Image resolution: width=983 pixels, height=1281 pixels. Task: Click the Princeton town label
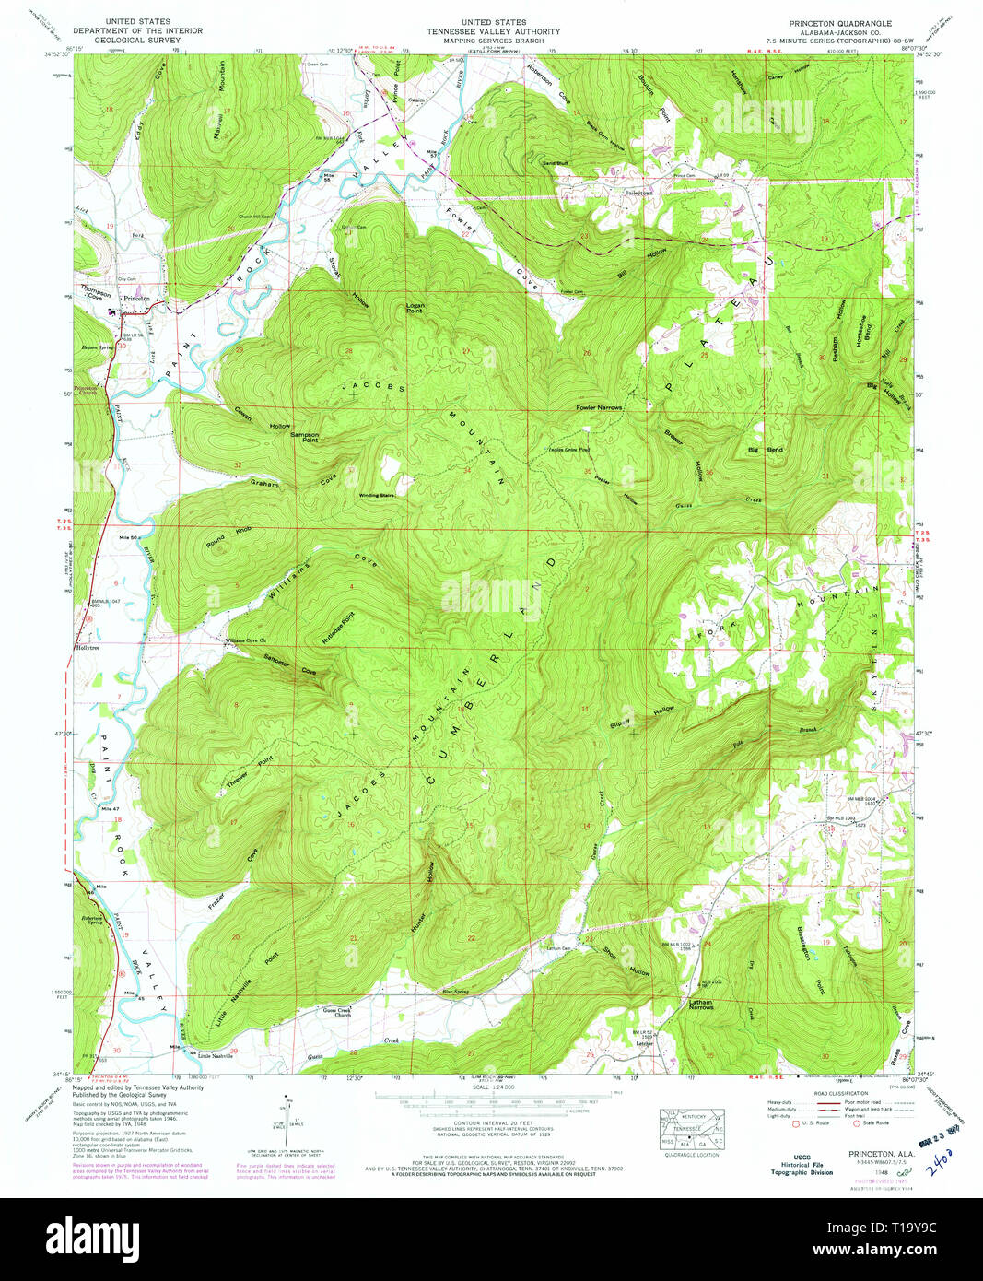pos(136,299)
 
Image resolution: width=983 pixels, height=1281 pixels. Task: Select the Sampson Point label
pos(305,437)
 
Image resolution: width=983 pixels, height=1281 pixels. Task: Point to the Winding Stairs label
pos(376,495)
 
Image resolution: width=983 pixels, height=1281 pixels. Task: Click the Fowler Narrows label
pos(599,406)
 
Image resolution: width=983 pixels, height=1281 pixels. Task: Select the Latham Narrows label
pos(701,1004)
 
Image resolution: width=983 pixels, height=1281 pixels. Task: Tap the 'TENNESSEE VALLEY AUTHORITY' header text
pos(494,31)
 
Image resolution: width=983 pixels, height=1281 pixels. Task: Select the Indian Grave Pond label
pos(568,450)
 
